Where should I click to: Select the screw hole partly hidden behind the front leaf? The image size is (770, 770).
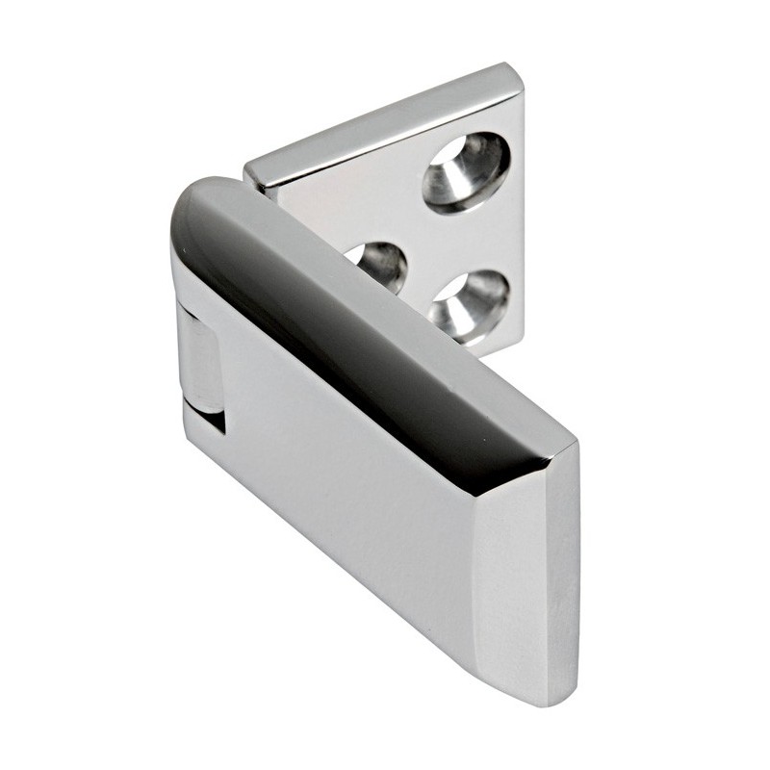click(377, 264)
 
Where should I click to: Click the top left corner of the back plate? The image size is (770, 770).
click(248, 169)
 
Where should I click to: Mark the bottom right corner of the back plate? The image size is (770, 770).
click(523, 339)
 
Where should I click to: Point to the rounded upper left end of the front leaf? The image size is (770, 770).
click(192, 207)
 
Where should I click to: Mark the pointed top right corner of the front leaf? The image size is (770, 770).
click(575, 445)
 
